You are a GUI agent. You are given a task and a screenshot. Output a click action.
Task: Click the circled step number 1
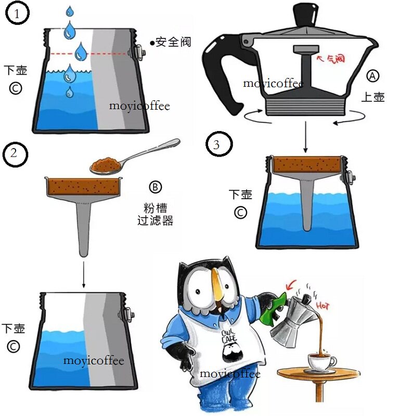(x=18, y=14)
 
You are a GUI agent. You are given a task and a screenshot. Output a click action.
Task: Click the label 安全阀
(x=173, y=42)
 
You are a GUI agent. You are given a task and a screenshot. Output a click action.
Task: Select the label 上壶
(x=373, y=97)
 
